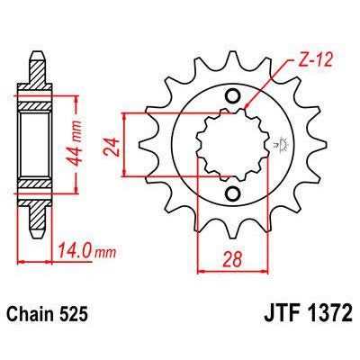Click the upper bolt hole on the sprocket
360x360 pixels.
pyautogui.click(x=233, y=96)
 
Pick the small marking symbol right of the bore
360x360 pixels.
pyautogui.click(x=274, y=143)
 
